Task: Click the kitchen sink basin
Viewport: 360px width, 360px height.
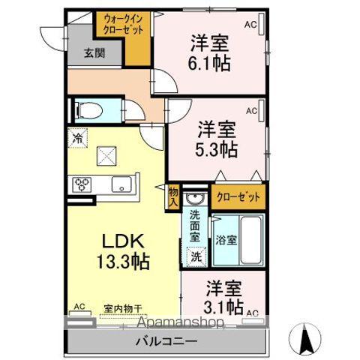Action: click(x=120, y=184)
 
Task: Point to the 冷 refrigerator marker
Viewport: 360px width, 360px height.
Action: click(x=76, y=137)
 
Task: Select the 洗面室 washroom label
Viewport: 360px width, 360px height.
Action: click(x=195, y=225)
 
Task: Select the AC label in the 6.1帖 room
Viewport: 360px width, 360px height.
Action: click(x=250, y=24)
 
